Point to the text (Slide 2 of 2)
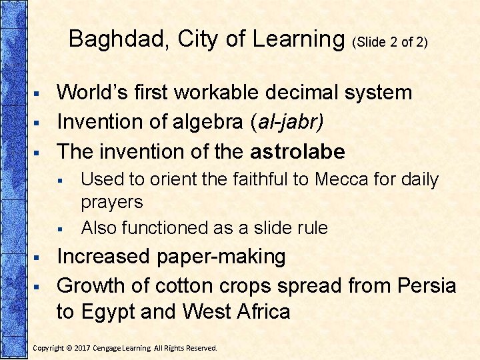coord(389,42)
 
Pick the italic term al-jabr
coord(289,122)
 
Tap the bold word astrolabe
coord(297,152)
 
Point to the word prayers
coord(111,202)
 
